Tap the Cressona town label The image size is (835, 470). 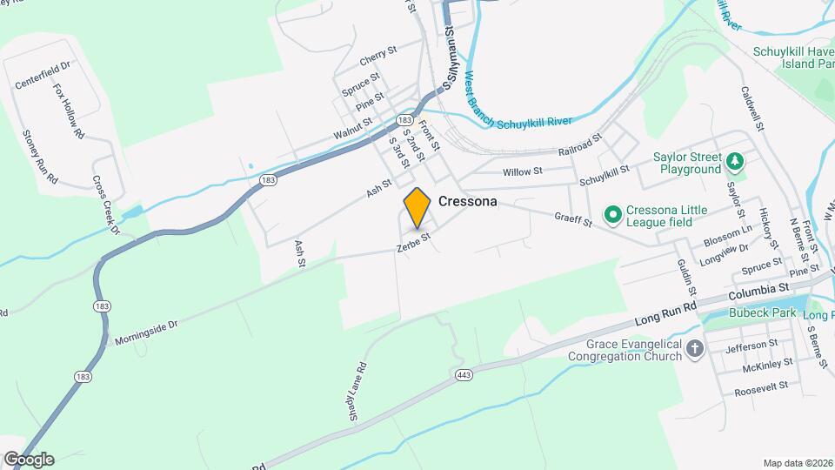click(468, 201)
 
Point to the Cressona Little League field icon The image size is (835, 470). click(612, 213)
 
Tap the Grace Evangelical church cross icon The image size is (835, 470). click(694, 349)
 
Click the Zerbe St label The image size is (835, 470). click(413, 242)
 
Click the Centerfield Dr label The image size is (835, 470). click(42, 75)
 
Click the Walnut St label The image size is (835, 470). click(352, 130)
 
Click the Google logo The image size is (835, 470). click(29, 460)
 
